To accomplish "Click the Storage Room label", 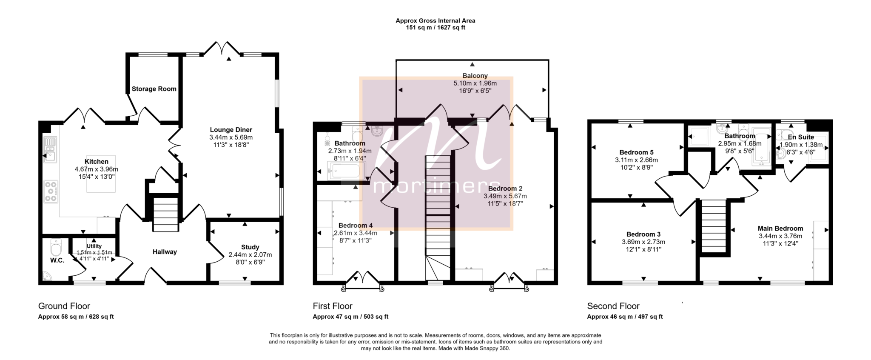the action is point(154,89).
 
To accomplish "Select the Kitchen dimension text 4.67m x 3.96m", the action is point(97,169).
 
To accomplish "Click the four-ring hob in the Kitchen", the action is point(51,191).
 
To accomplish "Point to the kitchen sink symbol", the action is point(50,149).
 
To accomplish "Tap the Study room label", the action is point(250,247).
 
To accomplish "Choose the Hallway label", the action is point(165,252).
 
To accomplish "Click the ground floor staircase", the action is point(165,214).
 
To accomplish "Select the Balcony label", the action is point(475,76).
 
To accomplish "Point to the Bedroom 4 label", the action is point(356,226).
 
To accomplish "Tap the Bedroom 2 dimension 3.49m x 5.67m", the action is point(505,196).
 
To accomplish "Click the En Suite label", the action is point(801,137).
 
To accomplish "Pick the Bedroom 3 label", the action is point(643,234).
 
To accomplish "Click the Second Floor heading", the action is point(613,306).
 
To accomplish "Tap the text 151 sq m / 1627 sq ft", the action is point(435,28).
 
